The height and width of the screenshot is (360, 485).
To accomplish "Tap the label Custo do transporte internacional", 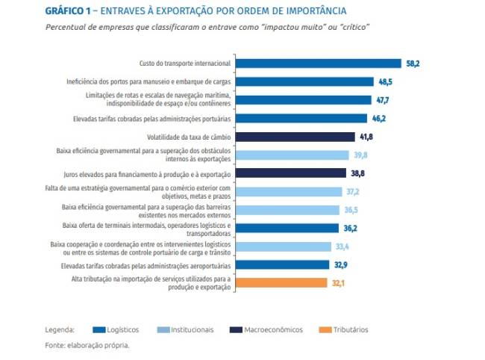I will [x=186, y=64].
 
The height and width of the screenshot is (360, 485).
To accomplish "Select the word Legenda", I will [x=60, y=329].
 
